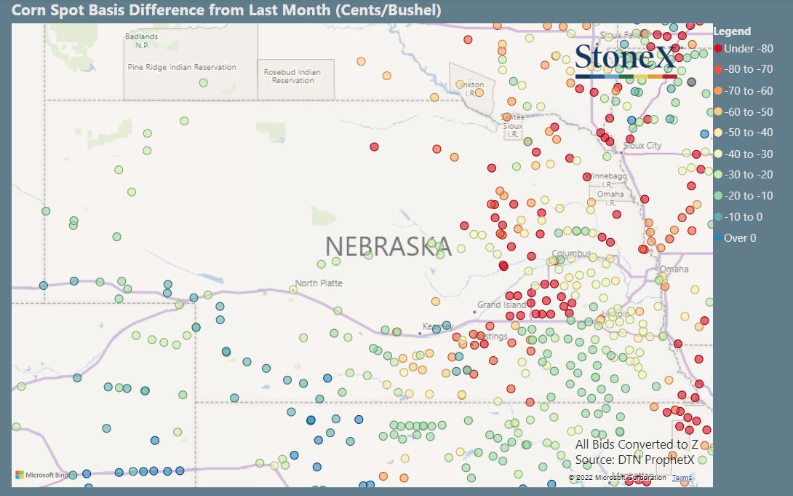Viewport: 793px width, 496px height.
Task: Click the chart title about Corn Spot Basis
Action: [x=226, y=11]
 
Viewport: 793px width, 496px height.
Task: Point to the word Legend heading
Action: [x=732, y=31]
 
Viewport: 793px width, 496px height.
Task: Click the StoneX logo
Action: [x=626, y=60]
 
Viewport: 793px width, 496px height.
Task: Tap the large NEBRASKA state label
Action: [x=388, y=246]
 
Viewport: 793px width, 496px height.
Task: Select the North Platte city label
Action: [x=319, y=283]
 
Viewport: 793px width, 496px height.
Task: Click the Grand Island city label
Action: [x=501, y=304]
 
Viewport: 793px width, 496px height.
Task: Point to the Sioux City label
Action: [x=643, y=146]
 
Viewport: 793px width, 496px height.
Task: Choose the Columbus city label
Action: [x=571, y=253]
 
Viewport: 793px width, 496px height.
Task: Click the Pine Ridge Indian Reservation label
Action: [x=182, y=67]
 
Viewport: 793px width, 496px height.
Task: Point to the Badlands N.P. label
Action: [x=141, y=40]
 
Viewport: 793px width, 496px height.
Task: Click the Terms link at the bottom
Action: [x=682, y=478]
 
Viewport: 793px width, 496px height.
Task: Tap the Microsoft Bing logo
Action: [x=42, y=475]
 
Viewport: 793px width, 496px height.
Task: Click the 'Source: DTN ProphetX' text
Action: [x=634, y=460]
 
